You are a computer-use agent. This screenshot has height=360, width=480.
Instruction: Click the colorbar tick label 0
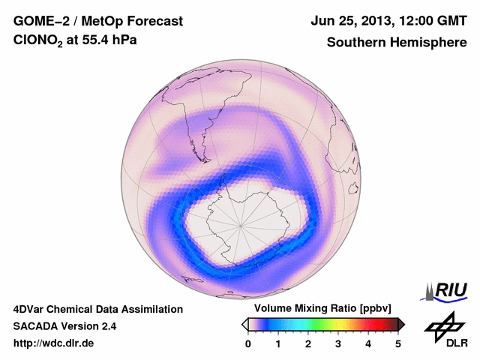click(x=248, y=343)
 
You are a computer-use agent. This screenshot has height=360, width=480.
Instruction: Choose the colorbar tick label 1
click(x=278, y=343)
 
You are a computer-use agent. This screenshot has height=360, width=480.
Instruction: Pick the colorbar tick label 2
click(x=308, y=343)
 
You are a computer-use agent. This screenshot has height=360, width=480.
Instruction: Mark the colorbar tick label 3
click(x=338, y=343)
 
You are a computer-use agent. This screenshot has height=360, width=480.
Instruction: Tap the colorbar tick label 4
click(x=368, y=343)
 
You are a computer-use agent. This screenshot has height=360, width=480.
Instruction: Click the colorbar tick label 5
click(x=398, y=343)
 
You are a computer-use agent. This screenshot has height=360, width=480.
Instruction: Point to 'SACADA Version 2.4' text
click(x=64, y=326)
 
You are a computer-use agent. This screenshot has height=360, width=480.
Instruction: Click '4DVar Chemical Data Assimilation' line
click(x=98, y=309)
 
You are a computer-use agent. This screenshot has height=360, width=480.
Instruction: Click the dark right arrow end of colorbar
click(x=402, y=324)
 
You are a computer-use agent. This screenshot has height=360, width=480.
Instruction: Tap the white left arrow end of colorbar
click(x=244, y=324)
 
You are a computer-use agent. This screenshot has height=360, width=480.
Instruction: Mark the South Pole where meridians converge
click(x=241, y=223)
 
